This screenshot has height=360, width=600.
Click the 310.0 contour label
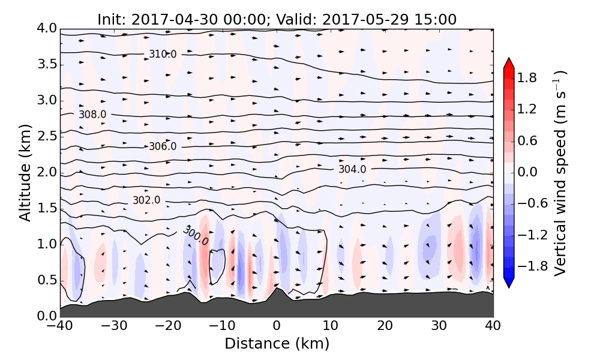tap(163, 55)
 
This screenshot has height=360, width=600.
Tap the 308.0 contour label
tap(92, 115)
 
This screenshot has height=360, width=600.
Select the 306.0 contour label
tap(163, 146)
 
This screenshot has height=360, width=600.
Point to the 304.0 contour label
tap(352, 169)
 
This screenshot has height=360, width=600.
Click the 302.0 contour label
tap(146, 200)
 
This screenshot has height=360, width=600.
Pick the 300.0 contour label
tap(195, 236)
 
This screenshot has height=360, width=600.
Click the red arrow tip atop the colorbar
tap(509, 61)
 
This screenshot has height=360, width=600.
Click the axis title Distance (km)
tap(277, 344)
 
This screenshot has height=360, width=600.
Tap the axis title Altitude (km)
tap(25, 172)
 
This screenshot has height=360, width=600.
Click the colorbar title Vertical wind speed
tap(561, 172)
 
